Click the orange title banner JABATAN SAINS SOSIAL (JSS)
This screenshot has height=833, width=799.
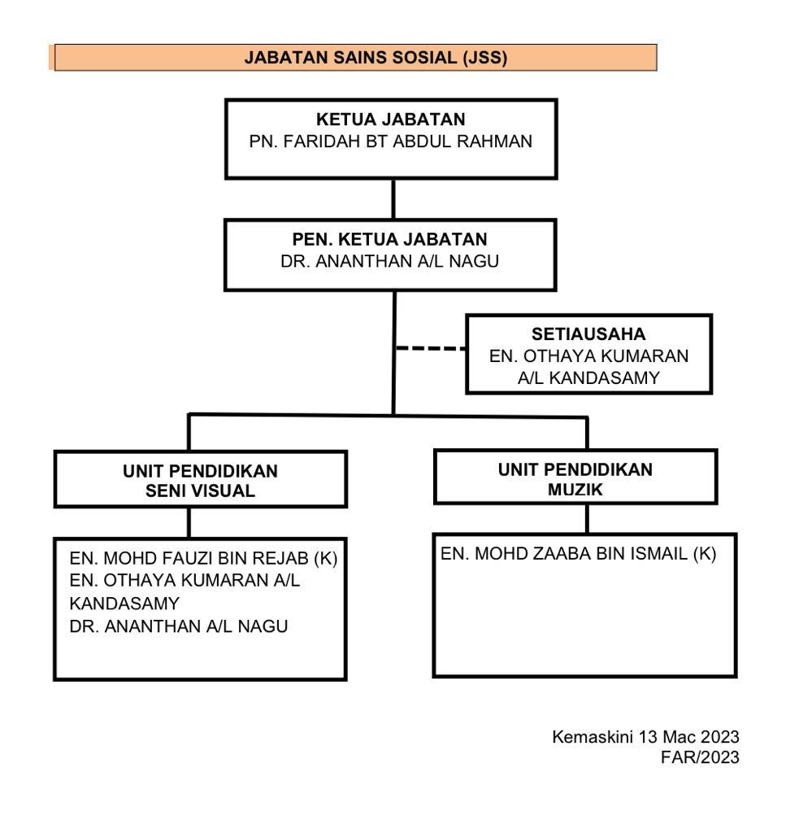[x=355, y=58]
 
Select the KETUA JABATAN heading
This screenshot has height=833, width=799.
[x=391, y=119]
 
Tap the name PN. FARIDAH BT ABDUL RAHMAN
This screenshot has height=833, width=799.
[x=391, y=142]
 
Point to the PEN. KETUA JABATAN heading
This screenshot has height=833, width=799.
[x=389, y=239]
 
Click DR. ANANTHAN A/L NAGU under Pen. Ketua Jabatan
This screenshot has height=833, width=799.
[x=389, y=261]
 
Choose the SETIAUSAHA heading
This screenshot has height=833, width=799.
[x=588, y=334]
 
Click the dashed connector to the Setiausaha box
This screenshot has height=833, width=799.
[x=431, y=348]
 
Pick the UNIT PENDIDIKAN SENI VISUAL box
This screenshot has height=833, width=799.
[x=201, y=479]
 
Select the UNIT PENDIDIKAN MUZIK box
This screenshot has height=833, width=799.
[x=576, y=477]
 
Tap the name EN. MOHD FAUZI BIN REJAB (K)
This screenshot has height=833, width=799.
[x=203, y=558]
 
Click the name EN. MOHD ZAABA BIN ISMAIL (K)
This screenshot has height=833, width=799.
[x=578, y=553]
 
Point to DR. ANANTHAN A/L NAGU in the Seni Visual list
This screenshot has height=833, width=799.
[x=178, y=626]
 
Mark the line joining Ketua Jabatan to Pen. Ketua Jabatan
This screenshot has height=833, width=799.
[x=393, y=199]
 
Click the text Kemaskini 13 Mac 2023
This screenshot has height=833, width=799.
[x=645, y=737]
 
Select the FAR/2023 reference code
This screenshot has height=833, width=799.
[x=700, y=757]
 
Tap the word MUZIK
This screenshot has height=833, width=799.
[x=575, y=489]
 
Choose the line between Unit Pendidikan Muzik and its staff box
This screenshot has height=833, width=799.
[x=587, y=519]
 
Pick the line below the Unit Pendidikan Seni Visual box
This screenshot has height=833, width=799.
[x=189, y=523]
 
